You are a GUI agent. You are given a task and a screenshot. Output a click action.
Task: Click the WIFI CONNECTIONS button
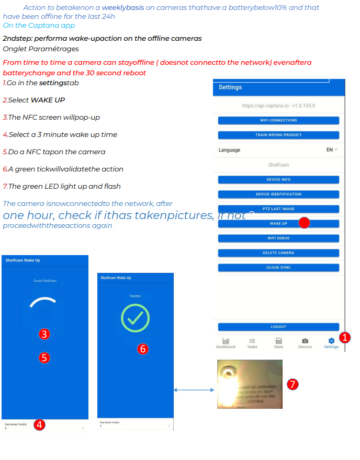(278, 120)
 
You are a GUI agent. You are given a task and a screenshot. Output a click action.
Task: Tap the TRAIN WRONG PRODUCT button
(278, 135)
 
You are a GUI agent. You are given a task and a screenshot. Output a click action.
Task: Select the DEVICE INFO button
(278, 179)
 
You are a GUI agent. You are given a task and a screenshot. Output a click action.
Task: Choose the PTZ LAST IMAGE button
(278, 209)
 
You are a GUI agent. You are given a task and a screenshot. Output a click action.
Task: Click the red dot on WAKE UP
(304, 223)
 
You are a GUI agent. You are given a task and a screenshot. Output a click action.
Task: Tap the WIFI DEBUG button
(278, 238)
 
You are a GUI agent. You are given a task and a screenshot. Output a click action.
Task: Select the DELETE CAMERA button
(278, 252)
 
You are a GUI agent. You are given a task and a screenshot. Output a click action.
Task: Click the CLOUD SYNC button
(278, 267)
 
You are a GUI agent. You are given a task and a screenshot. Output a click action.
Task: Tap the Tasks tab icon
(252, 341)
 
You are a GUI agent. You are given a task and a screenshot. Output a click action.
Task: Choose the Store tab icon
(278, 341)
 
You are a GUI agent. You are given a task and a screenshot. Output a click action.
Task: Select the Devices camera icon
(305, 341)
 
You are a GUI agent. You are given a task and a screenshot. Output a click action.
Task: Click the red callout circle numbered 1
(344, 337)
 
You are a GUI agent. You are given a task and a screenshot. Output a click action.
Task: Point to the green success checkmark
(135, 318)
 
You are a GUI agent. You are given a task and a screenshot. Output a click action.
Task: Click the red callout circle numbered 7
(293, 385)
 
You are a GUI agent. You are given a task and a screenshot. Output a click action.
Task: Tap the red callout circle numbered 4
(39, 424)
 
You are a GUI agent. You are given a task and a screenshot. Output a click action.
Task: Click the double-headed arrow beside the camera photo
(194, 389)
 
